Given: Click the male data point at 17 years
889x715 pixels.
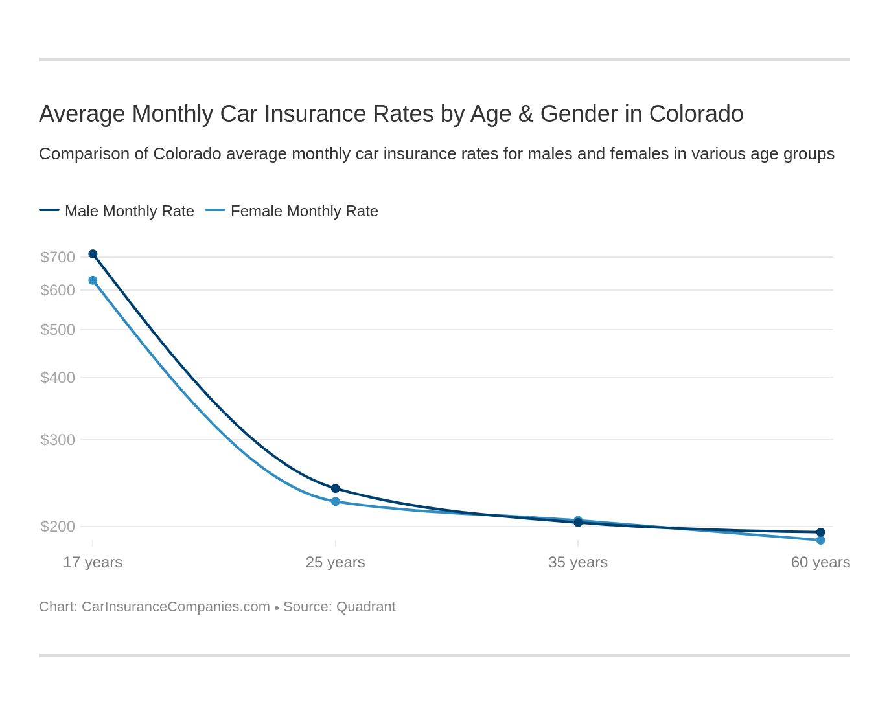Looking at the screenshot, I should (93, 254).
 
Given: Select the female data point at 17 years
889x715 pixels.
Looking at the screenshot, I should (93, 280).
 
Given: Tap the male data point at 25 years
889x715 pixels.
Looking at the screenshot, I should (336, 488).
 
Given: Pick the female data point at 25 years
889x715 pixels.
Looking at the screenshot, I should (336, 501).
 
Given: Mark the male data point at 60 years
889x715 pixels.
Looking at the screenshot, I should (820, 532).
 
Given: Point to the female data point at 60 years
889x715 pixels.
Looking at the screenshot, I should (820, 540).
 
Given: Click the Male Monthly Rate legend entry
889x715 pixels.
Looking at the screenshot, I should (129, 211).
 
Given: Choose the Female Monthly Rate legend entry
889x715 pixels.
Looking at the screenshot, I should (304, 211).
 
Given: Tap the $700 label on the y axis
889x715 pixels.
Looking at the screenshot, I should (58, 257).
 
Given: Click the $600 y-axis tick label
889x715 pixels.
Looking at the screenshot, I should (58, 290).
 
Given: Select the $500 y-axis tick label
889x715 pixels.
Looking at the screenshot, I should (58, 330).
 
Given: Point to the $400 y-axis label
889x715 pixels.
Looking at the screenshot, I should (58, 378).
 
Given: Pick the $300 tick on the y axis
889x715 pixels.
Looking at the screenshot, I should (58, 440).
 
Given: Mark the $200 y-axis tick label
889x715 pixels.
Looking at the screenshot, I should (58, 527).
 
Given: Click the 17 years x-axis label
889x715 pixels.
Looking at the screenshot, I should (93, 562).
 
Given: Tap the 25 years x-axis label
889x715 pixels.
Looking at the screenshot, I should (336, 562).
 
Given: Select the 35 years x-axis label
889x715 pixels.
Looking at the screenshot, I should (578, 562).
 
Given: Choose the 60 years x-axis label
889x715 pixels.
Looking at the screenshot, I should (820, 562).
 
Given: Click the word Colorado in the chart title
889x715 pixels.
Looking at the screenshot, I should (696, 114).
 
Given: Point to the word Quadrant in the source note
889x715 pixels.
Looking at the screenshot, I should (366, 607).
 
